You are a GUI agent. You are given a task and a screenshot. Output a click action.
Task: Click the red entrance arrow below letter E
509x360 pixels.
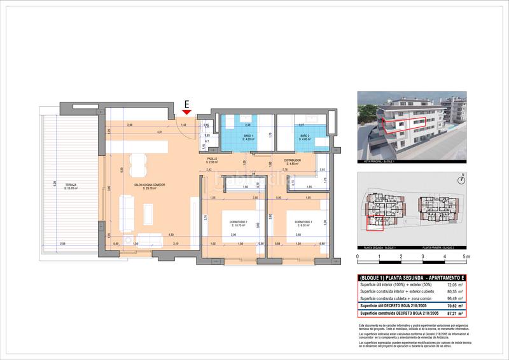coord(186,113)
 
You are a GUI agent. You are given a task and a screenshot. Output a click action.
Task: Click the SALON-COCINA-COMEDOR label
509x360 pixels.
coord(150,185)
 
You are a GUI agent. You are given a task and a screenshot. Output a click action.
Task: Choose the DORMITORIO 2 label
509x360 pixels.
coord(239,223)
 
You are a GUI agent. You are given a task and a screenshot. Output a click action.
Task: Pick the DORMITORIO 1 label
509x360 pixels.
coord(304,223)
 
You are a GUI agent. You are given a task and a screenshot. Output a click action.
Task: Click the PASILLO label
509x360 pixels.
coord(213,159)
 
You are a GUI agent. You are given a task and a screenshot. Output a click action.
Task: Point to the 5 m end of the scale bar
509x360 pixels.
coord(466,258)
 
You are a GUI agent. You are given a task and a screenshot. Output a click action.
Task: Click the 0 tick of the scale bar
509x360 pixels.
coord(358,258)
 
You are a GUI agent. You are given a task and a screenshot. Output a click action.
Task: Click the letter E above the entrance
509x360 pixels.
coord(186,103)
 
